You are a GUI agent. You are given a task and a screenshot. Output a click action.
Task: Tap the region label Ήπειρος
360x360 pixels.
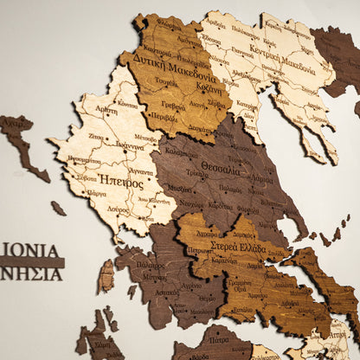click(121, 183)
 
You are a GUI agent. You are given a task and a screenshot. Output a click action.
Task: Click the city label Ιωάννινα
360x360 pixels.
click(129, 147)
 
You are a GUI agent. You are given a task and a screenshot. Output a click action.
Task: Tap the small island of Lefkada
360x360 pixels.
click(106, 277)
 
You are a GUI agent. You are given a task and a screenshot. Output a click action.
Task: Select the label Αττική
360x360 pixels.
click(339, 333)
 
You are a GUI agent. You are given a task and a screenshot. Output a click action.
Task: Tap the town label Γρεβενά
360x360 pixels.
click(173, 106)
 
